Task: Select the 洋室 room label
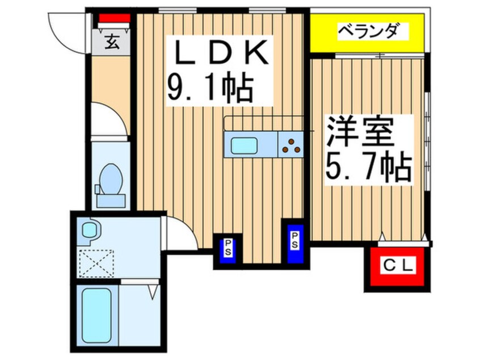(x=360, y=131)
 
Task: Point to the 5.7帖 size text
(x=368, y=168)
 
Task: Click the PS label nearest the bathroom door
(x=228, y=248)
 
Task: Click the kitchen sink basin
(x=244, y=145)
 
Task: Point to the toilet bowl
(x=111, y=179)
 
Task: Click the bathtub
(x=96, y=317)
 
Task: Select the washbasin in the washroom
(x=89, y=230)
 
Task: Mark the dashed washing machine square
(x=96, y=263)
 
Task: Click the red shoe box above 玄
(x=115, y=18)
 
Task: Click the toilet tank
(x=111, y=200)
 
